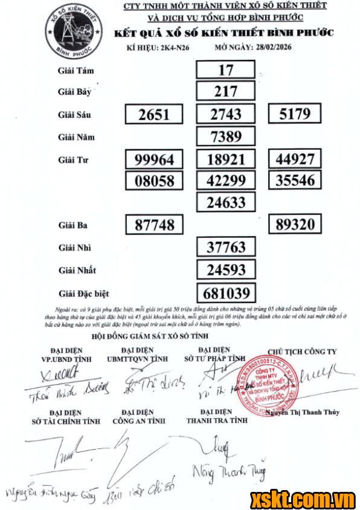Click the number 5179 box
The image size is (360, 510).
[x=295, y=114]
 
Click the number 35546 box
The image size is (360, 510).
[x=295, y=180]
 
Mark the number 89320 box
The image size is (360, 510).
[x=295, y=225]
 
